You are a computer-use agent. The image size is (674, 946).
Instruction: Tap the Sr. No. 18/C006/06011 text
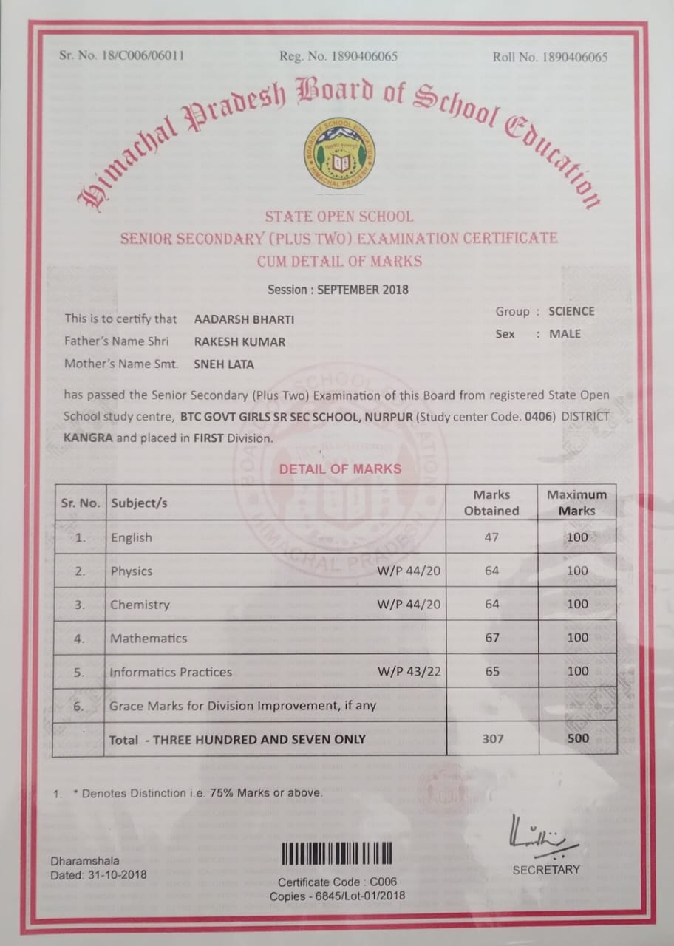point(122,56)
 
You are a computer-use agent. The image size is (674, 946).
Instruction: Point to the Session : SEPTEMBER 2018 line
point(338,289)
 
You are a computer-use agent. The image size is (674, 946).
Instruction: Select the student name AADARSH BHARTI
point(244,319)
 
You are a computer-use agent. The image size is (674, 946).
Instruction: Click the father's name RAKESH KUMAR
point(239,341)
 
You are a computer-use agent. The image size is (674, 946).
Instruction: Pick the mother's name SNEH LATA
point(225,364)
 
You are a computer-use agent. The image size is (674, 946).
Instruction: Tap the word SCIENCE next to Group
point(571,311)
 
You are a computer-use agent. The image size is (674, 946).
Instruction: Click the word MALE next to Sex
point(565,334)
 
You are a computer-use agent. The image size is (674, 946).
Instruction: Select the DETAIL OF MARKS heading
point(340,469)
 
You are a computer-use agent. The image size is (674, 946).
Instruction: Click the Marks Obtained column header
point(491,503)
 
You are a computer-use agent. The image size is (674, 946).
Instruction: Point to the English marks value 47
point(492,537)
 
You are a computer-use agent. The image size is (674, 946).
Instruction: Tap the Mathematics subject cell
point(149,638)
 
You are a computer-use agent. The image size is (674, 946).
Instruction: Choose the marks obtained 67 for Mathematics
point(492,638)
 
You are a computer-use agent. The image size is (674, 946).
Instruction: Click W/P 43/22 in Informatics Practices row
point(409,672)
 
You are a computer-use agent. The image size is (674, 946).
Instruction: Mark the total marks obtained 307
point(492,738)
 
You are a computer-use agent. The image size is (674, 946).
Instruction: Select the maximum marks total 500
point(578,738)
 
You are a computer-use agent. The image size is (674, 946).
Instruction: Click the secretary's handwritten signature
point(539,836)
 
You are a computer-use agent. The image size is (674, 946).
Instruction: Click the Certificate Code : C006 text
point(337,882)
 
